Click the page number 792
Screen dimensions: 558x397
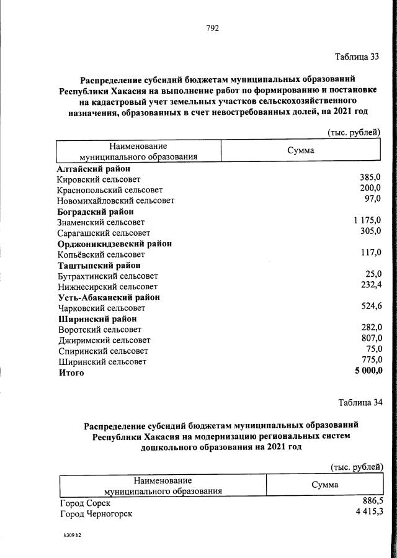[x=212, y=28]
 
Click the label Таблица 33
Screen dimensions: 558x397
[x=356, y=58]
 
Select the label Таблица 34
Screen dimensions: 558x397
[x=360, y=402]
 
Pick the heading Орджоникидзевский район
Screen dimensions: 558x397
[x=114, y=244]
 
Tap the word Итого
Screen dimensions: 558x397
[x=71, y=373]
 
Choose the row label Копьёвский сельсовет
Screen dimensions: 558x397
[x=100, y=254]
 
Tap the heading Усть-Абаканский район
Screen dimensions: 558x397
[x=109, y=297]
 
